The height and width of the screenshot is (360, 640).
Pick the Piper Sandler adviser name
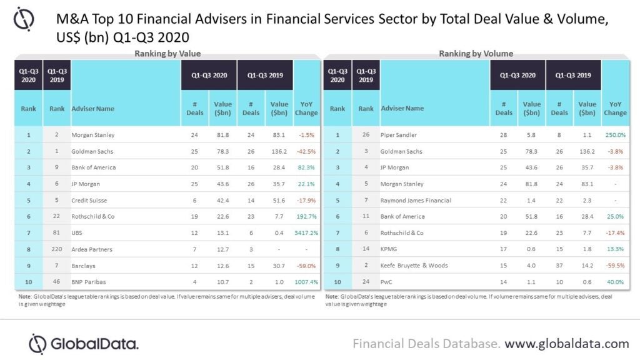[400, 135]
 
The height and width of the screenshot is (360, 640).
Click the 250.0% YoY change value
[615, 135]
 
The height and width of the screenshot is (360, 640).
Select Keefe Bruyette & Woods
[414, 265]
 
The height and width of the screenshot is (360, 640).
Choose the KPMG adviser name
[390, 249]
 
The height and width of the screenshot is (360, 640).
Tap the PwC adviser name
[387, 281]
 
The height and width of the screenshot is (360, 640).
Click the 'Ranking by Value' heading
[167, 54]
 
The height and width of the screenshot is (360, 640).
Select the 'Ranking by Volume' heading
[476, 54]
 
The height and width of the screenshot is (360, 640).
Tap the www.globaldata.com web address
[567, 343]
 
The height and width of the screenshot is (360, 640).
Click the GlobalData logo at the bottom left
[84, 344]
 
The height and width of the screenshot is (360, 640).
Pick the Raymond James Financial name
[416, 200]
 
